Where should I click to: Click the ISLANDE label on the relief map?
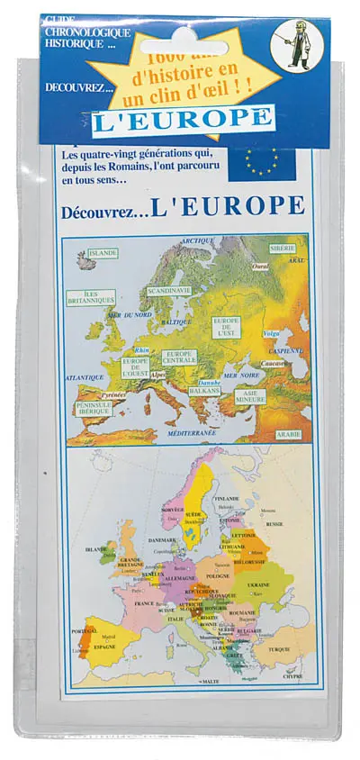pyautogui.click(x=103, y=253)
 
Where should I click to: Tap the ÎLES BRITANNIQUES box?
pyautogui.click(x=91, y=297)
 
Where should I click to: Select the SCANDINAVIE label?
pyautogui.click(x=169, y=291)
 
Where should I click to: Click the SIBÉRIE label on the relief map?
pyautogui.click(x=283, y=247)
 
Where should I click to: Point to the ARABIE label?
pyautogui.click(x=288, y=434)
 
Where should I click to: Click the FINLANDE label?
pyautogui.click(x=227, y=498)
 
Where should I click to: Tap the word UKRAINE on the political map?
pyautogui.click(x=258, y=584)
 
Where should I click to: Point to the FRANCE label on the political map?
pyautogui.click(x=144, y=603)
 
